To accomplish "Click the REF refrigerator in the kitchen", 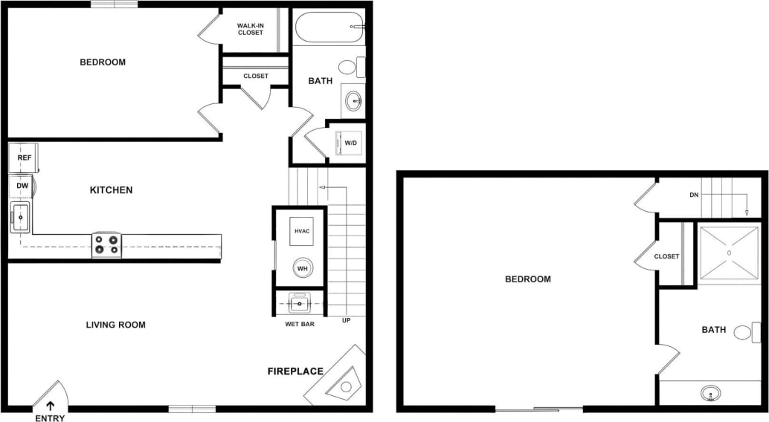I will [23, 158].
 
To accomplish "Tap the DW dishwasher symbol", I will [23, 186].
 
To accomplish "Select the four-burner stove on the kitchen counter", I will [106, 245].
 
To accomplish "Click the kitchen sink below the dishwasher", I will [19, 218].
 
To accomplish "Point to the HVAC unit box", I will [301, 231].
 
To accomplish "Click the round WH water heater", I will [302, 267].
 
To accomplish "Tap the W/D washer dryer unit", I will [350, 142].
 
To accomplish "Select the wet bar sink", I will [300, 303].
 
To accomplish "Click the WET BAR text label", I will [300, 324].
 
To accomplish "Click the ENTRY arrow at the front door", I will [50, 406].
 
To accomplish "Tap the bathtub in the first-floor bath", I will [327, 29].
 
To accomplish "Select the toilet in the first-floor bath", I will [351, 68].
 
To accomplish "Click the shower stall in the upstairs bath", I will [729, 253].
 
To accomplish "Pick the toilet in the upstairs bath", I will [747, 331].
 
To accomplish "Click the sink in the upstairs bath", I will [711, 392].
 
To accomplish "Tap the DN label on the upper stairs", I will [694, 195].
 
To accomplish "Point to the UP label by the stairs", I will [346, 320].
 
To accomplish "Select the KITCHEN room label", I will [111, 190].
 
